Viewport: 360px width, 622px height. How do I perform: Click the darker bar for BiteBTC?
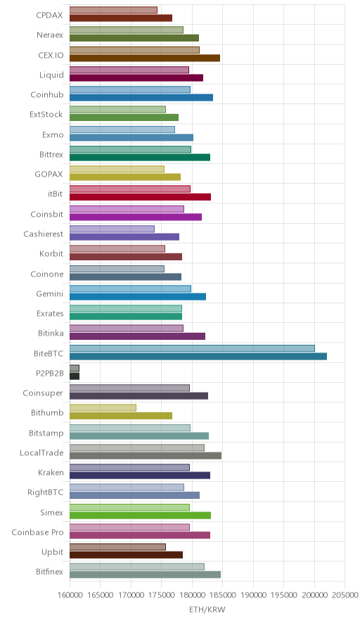[198, 356]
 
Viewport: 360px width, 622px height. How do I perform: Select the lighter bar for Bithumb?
[103, 408]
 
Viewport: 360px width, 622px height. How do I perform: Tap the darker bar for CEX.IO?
[145, 58]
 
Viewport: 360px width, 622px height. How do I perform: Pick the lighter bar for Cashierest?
[112, 229]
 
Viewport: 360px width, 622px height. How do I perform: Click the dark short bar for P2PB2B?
[75, 376]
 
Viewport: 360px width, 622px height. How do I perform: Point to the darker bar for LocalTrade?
[146, 455]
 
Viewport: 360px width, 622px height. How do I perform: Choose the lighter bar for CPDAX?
[113, 10]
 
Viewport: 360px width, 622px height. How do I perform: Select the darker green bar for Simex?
[141, 515]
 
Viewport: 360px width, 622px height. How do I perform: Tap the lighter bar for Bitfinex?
[137, 567]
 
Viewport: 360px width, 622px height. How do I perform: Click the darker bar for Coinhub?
[141, 98]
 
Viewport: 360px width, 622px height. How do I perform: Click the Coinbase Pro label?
[37, 533]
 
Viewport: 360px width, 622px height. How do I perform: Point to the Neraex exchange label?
[49, 35]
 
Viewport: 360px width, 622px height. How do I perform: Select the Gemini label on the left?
[49, 293]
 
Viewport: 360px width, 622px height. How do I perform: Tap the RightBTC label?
[45, 493]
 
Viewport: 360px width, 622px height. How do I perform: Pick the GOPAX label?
[49, 174]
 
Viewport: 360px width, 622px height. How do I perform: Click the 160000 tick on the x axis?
[70, 595]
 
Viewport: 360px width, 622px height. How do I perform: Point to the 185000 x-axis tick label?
[222, 595]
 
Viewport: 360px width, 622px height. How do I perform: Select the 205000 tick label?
[345, 595]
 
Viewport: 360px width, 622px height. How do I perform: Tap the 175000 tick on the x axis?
[161, 595]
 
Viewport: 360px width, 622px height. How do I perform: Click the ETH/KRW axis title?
[207, 610]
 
